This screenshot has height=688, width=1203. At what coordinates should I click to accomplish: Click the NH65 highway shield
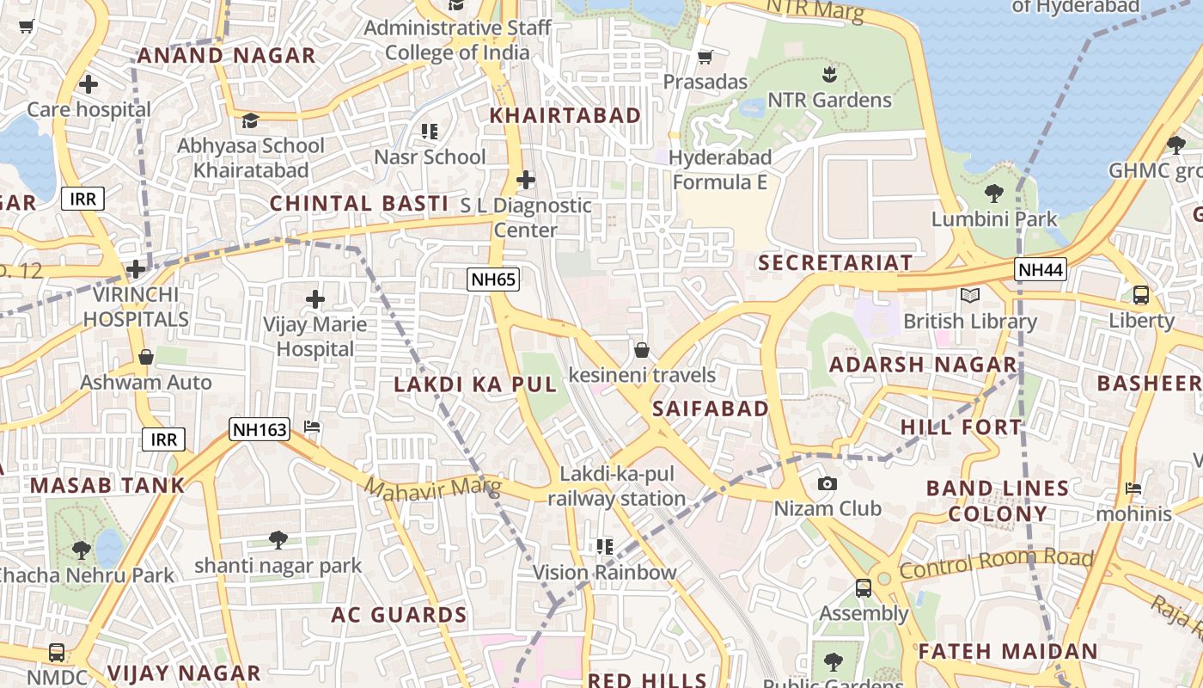(493, 279)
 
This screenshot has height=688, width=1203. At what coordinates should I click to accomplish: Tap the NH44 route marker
(1040, 269)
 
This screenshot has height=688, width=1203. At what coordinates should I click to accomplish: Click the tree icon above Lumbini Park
(993, 193)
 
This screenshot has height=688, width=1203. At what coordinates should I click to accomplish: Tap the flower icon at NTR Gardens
(828, 73)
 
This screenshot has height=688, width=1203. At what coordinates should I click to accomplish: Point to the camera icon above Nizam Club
(827, 483)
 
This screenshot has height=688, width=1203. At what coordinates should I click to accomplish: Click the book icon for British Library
(969, 296)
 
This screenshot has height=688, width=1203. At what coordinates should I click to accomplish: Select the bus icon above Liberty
(1140, 295)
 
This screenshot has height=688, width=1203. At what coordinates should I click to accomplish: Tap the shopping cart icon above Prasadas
(705, 57)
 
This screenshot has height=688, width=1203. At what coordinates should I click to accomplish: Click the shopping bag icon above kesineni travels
(641, 350)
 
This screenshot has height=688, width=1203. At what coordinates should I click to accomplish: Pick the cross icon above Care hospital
(88, 84)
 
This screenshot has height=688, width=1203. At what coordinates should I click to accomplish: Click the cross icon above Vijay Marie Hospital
(315, 299)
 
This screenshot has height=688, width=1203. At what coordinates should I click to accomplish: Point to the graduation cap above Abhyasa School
(250, 120)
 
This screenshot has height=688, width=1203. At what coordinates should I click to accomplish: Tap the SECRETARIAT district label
(834, 262)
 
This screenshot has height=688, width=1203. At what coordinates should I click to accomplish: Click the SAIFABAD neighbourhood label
(710, 408)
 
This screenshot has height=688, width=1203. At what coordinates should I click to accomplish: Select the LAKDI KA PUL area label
(475, 384)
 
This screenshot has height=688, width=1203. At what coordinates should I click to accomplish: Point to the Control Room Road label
(996, 564)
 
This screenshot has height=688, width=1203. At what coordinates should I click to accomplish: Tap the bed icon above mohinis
(1133, 488)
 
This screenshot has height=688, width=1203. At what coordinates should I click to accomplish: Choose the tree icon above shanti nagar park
(277, 540)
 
